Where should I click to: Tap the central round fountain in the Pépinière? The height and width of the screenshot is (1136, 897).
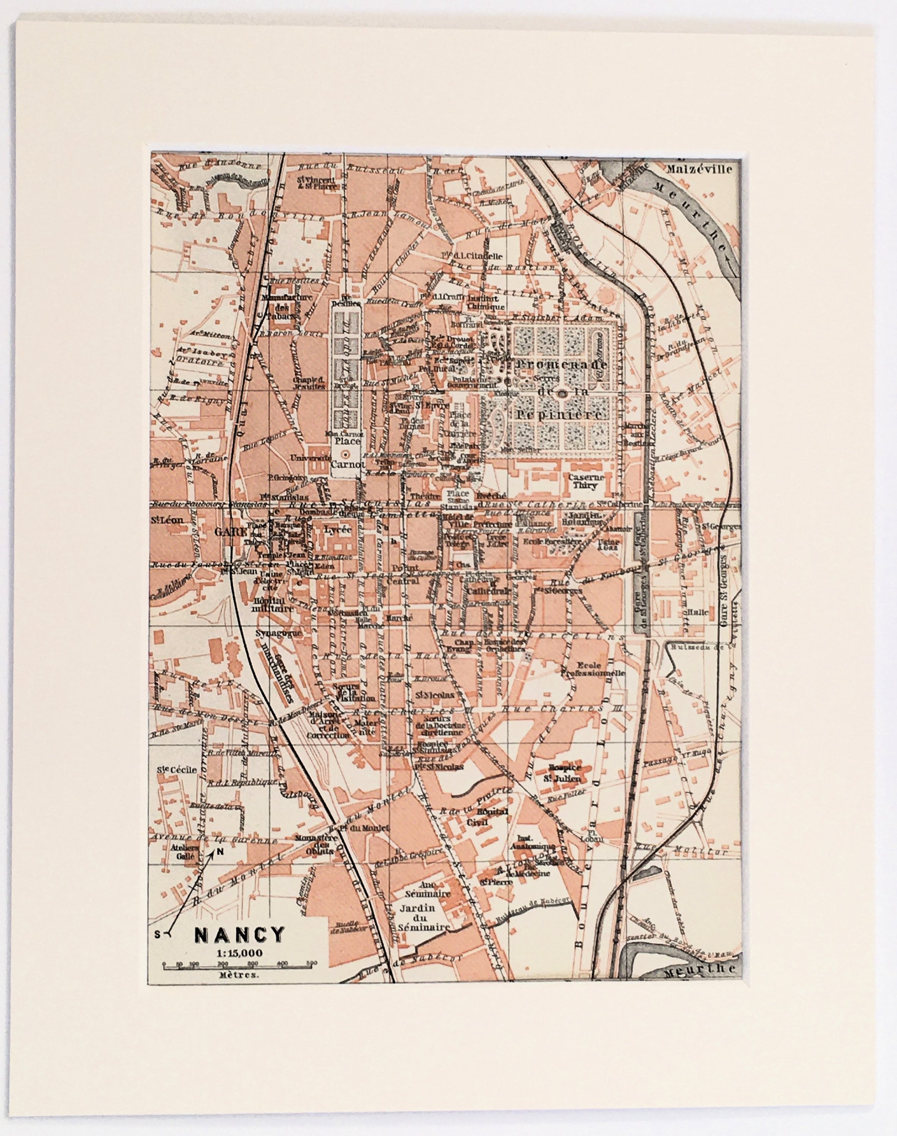click(562, 393)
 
